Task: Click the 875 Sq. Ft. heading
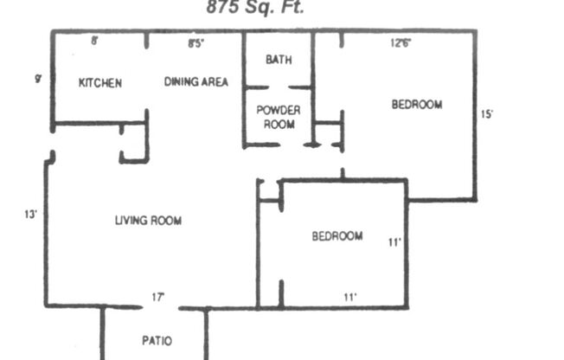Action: [x=255, y=8]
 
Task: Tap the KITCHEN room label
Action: [x=100, y=83]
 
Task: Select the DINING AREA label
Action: [x=196, y=82]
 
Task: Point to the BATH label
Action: [x=279, y=60]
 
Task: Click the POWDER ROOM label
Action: [x=279, y=117]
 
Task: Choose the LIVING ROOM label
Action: [x=148, y=221]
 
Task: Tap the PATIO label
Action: [x=156, y=340]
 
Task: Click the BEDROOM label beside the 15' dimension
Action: [x=417, y=105]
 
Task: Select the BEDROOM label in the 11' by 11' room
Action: [x=337, y=236]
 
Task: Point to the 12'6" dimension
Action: [x=401, y=41]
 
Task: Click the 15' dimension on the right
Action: [x=487, y=113]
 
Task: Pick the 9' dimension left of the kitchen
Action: [x=38, y=79]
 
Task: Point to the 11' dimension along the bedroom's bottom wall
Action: [x=349, y=297]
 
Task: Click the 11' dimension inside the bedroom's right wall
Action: [x=394, y=243]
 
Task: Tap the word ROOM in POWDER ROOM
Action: [x=279, y=124]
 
